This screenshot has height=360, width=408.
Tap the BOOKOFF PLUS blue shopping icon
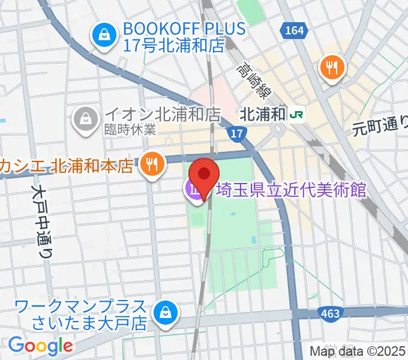click(104, 35)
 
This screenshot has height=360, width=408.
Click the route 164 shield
click(295, 31)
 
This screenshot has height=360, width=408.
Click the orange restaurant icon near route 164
click(332, 67)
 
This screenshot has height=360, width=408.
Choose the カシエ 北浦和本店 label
click(66, 165)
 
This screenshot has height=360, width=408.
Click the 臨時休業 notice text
click(130, 129)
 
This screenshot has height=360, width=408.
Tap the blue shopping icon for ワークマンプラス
click(164, 313)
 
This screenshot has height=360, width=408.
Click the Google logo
click(40, 345)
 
